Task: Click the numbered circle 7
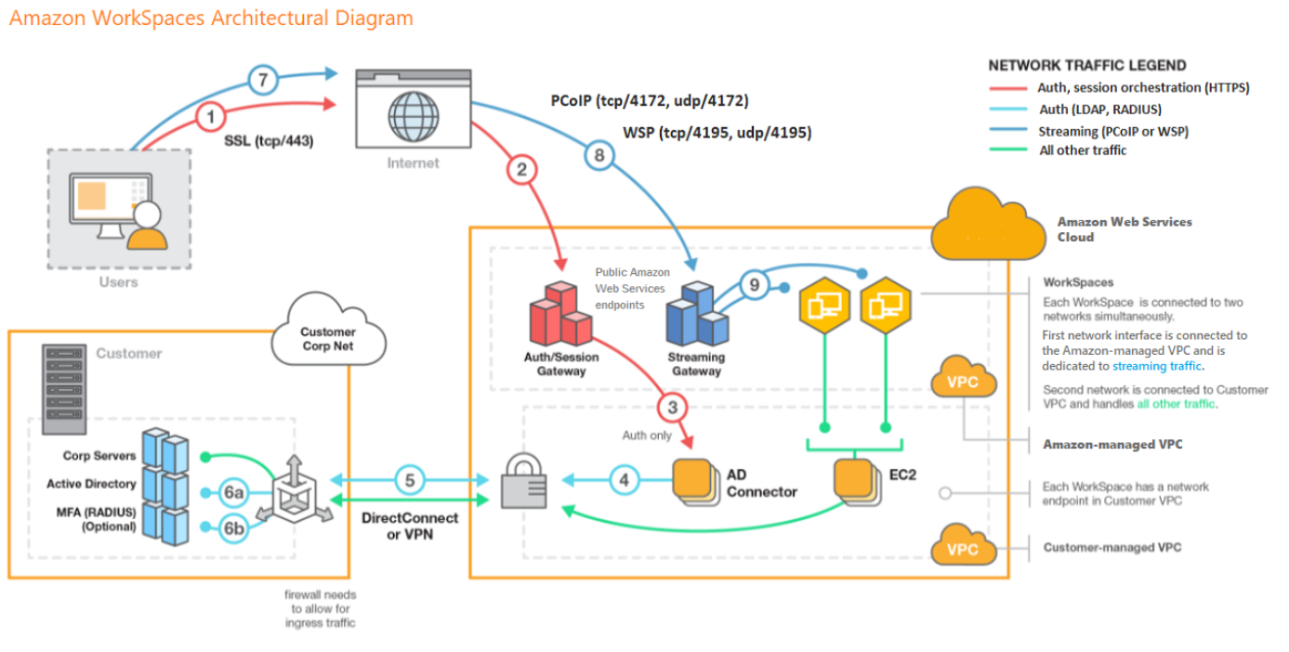point(263,81)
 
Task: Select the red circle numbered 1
point(211,118)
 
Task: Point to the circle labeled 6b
point(233,528)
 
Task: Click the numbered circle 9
point(754,286)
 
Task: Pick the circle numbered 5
point(410,480)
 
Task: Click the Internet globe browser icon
point(414,109)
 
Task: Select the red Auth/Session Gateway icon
point(560,313)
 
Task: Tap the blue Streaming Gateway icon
point(697,315)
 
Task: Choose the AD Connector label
point(761,482)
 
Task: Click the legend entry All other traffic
point(1082,150)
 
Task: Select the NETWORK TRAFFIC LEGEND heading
point(1086,66)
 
